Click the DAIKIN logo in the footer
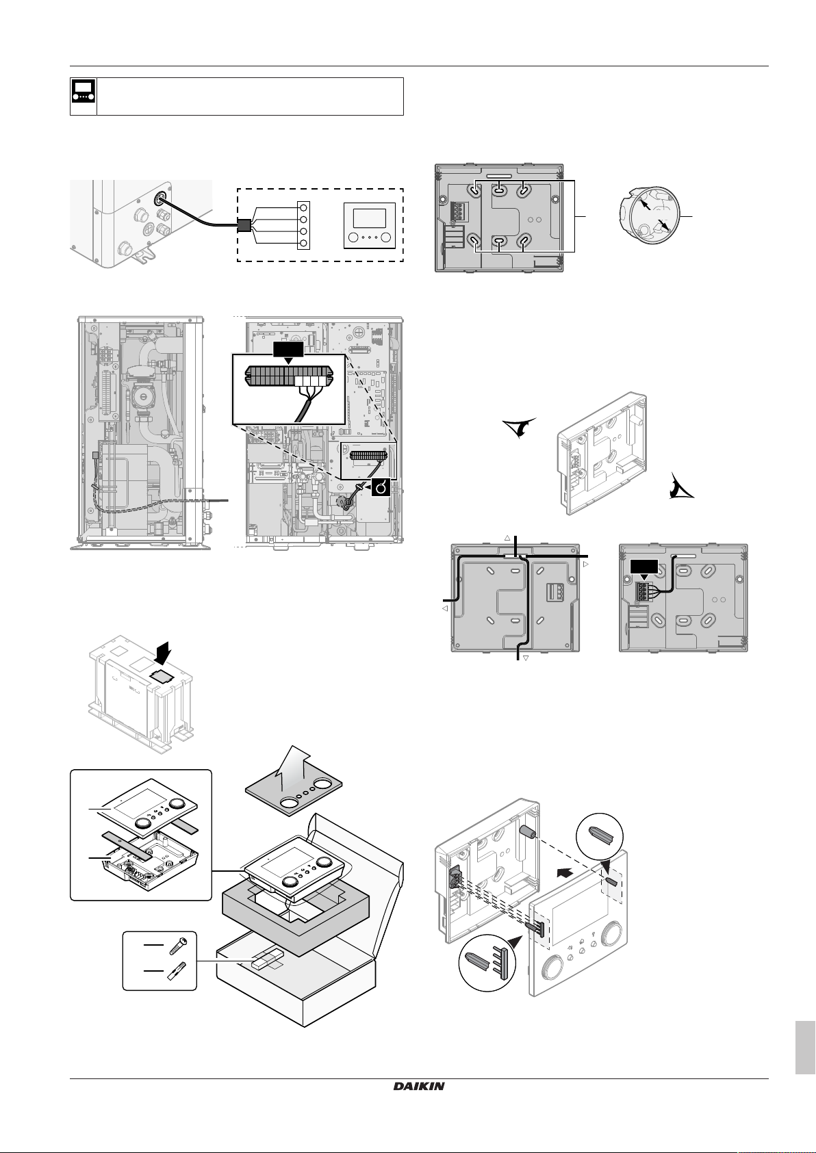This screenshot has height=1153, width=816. point(418,1086)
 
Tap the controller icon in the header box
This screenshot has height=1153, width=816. point(84,96)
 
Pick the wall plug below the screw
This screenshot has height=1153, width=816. point(177,972)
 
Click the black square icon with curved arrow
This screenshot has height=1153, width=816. point(381,488)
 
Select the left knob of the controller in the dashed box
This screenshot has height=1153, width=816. point(354,238)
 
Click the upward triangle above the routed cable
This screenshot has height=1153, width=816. point(507,538)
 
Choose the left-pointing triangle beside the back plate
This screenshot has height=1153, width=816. point(444,607)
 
